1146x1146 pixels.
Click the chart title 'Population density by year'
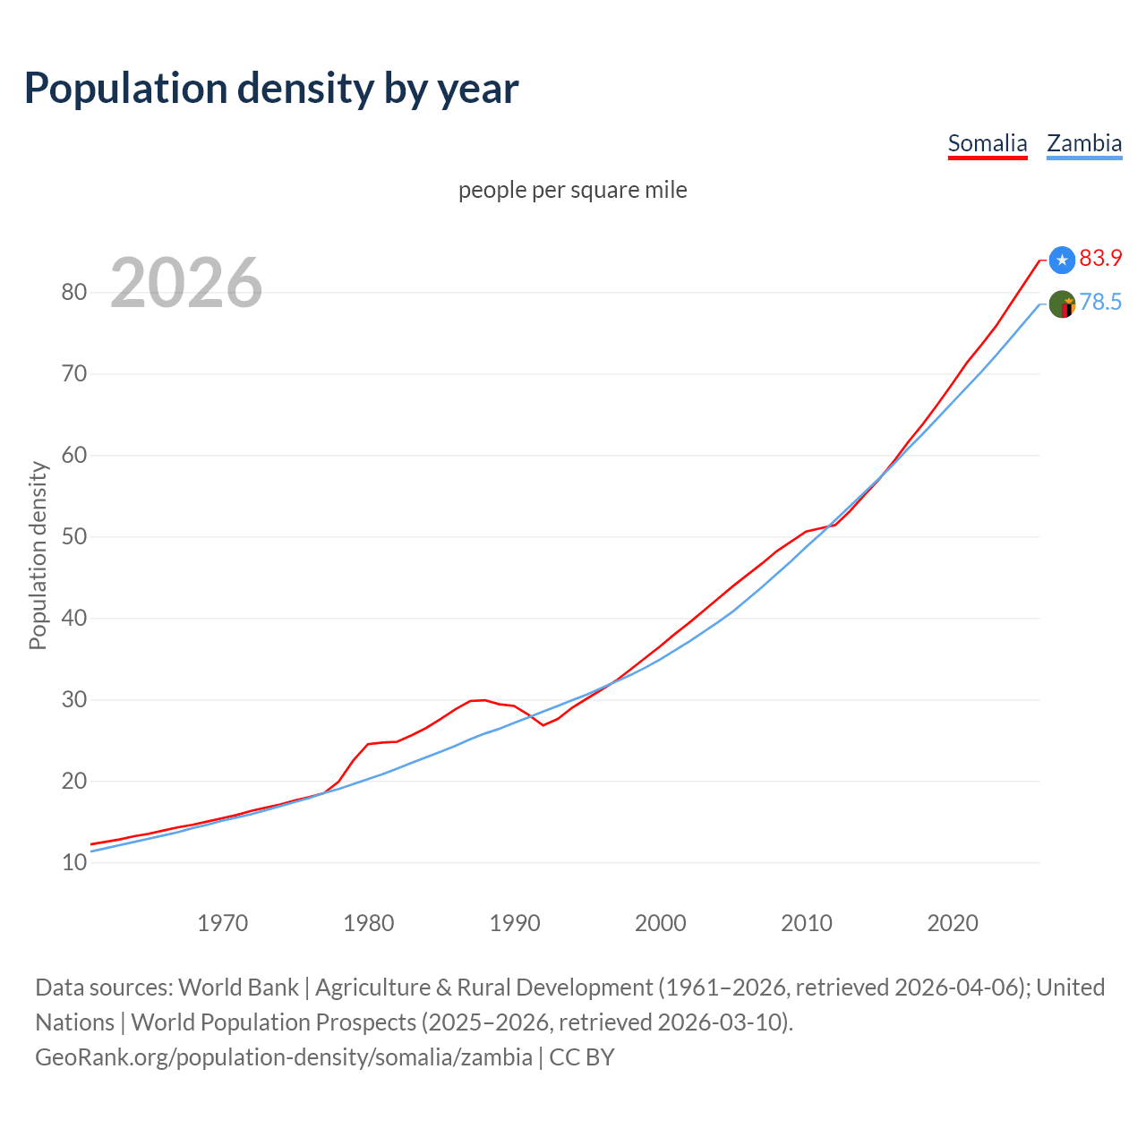[x=271, y=88]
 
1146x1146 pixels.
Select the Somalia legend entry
[x=988, y=143]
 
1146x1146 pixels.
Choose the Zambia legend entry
[x=1084, y=143]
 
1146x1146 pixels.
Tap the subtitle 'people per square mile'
[x=573, y=190]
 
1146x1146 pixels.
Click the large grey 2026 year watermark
[x=186, y=283]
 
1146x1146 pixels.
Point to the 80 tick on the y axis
[x=74, y=292]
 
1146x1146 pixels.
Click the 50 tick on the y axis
[x=74, y=536]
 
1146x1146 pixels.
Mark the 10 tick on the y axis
[x=74, y=862]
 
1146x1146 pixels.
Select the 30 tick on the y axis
[x=74, y=699]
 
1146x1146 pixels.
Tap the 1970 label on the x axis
[x=222, y=923]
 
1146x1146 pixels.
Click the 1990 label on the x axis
[x=515, y=923]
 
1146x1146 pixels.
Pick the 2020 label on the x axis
[x=953, y=923]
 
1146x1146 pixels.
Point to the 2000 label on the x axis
[x=661, y=923]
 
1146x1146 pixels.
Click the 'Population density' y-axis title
[x=38, y=555]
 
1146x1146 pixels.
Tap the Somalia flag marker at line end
[x=1062, y=260]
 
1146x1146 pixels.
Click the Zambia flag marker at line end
[x=1062, y=304]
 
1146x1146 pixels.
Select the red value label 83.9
[x=1100, y=258]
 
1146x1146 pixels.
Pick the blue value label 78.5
[x=1100, y=303]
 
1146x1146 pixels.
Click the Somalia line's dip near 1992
[x=543, y=724]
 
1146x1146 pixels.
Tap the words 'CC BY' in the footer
[x=582, y=1056]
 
